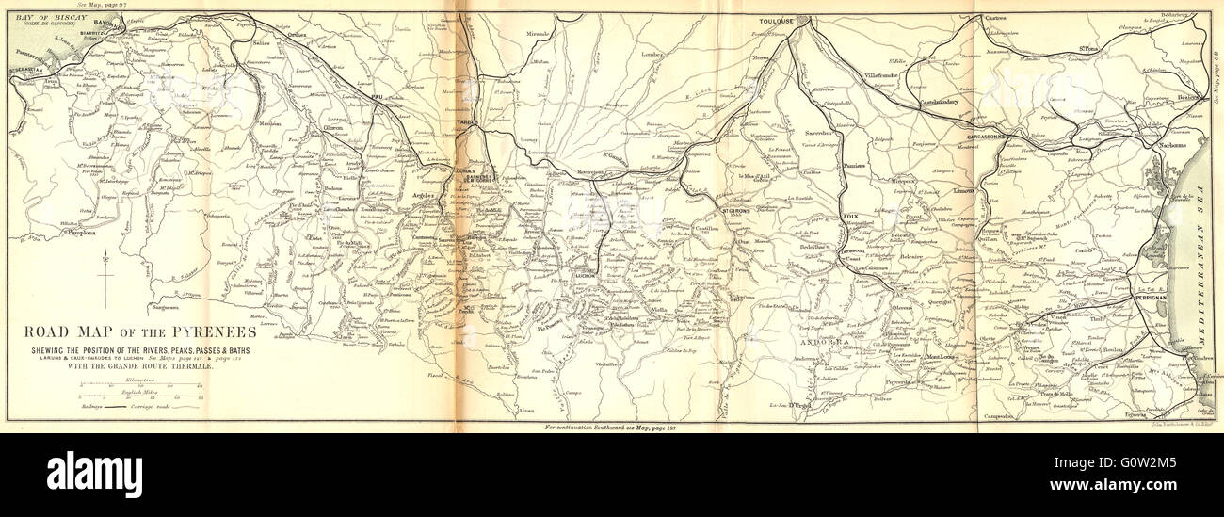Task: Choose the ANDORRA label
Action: (817, 344)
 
